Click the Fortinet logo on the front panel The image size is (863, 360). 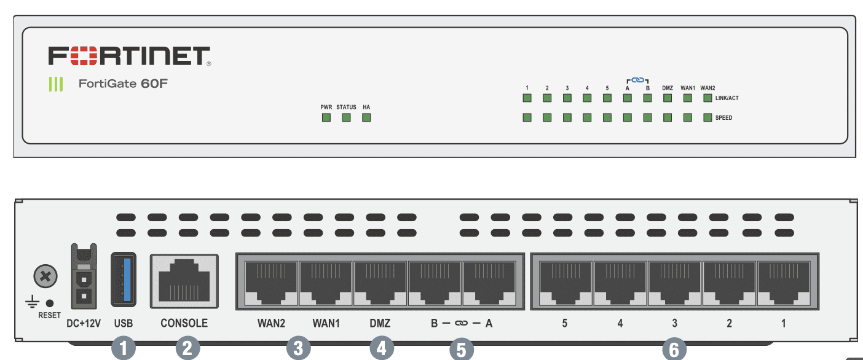(130, 56)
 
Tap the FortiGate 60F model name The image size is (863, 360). (123, 84)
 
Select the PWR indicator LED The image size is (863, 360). (326, 117)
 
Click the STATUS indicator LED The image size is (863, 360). (346, 117)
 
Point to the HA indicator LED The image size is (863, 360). (366, 117)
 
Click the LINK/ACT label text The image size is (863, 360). (727, 98)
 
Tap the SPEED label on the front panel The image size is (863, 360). (724, 117)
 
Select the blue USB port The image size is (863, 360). (124, 280)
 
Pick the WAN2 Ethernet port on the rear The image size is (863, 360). (271, 282)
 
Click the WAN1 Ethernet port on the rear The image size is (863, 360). (326, 282)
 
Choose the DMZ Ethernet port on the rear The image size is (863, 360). (380, 282)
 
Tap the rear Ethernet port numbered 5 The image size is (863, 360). (564, 282)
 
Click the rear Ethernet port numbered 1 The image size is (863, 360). (783, 282)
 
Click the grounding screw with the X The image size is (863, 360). (45, 278)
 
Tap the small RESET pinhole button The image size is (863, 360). (50, 303)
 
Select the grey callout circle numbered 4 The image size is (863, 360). (381, 349)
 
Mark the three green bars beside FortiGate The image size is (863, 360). (56, 84)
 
